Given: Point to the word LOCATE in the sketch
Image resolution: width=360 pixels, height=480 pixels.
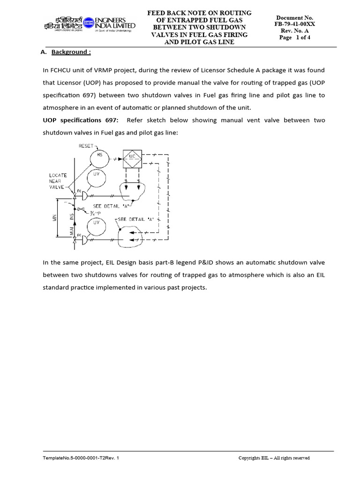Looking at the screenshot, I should pos(58,175).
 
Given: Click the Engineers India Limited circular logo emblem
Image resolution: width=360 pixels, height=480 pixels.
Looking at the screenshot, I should pos(88,22).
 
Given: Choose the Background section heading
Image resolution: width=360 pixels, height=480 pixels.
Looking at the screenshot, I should pos(71,52).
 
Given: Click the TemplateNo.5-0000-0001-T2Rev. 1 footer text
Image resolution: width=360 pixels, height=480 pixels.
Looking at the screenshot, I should pos(81,458).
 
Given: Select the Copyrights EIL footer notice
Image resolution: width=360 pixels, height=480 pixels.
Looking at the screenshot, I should pos(274,458).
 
